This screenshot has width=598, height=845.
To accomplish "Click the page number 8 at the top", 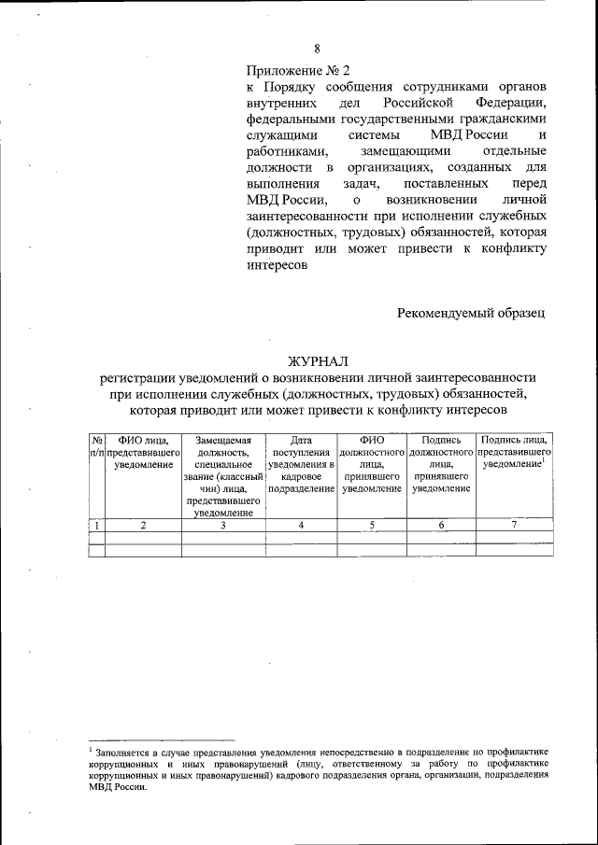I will (x=317, y=49).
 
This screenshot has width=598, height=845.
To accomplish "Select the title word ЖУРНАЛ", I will (x=318, y=360).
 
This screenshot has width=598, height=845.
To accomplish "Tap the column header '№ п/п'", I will (x=96, y=445).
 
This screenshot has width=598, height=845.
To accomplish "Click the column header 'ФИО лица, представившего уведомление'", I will (x=143, y=452).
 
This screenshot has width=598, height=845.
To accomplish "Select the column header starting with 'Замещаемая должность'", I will (x=223, y=475).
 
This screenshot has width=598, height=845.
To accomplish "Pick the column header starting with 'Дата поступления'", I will (x=301, y=464).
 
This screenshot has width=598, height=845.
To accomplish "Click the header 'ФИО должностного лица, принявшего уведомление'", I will (x=372, y=464).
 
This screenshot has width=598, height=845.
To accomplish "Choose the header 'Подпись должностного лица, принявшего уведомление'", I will (x=442, y=464).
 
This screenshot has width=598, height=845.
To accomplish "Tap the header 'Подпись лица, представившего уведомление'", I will (x=514, y=452).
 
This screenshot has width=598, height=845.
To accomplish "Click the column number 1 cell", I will (x=96, y=526).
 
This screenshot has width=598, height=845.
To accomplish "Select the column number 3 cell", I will (x=223, y=526).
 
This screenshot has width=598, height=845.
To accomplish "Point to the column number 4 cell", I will (x=301, y=526).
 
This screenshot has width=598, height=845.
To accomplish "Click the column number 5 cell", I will (x=372, y=526).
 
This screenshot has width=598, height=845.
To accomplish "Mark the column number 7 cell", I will (x=514, y=526).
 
